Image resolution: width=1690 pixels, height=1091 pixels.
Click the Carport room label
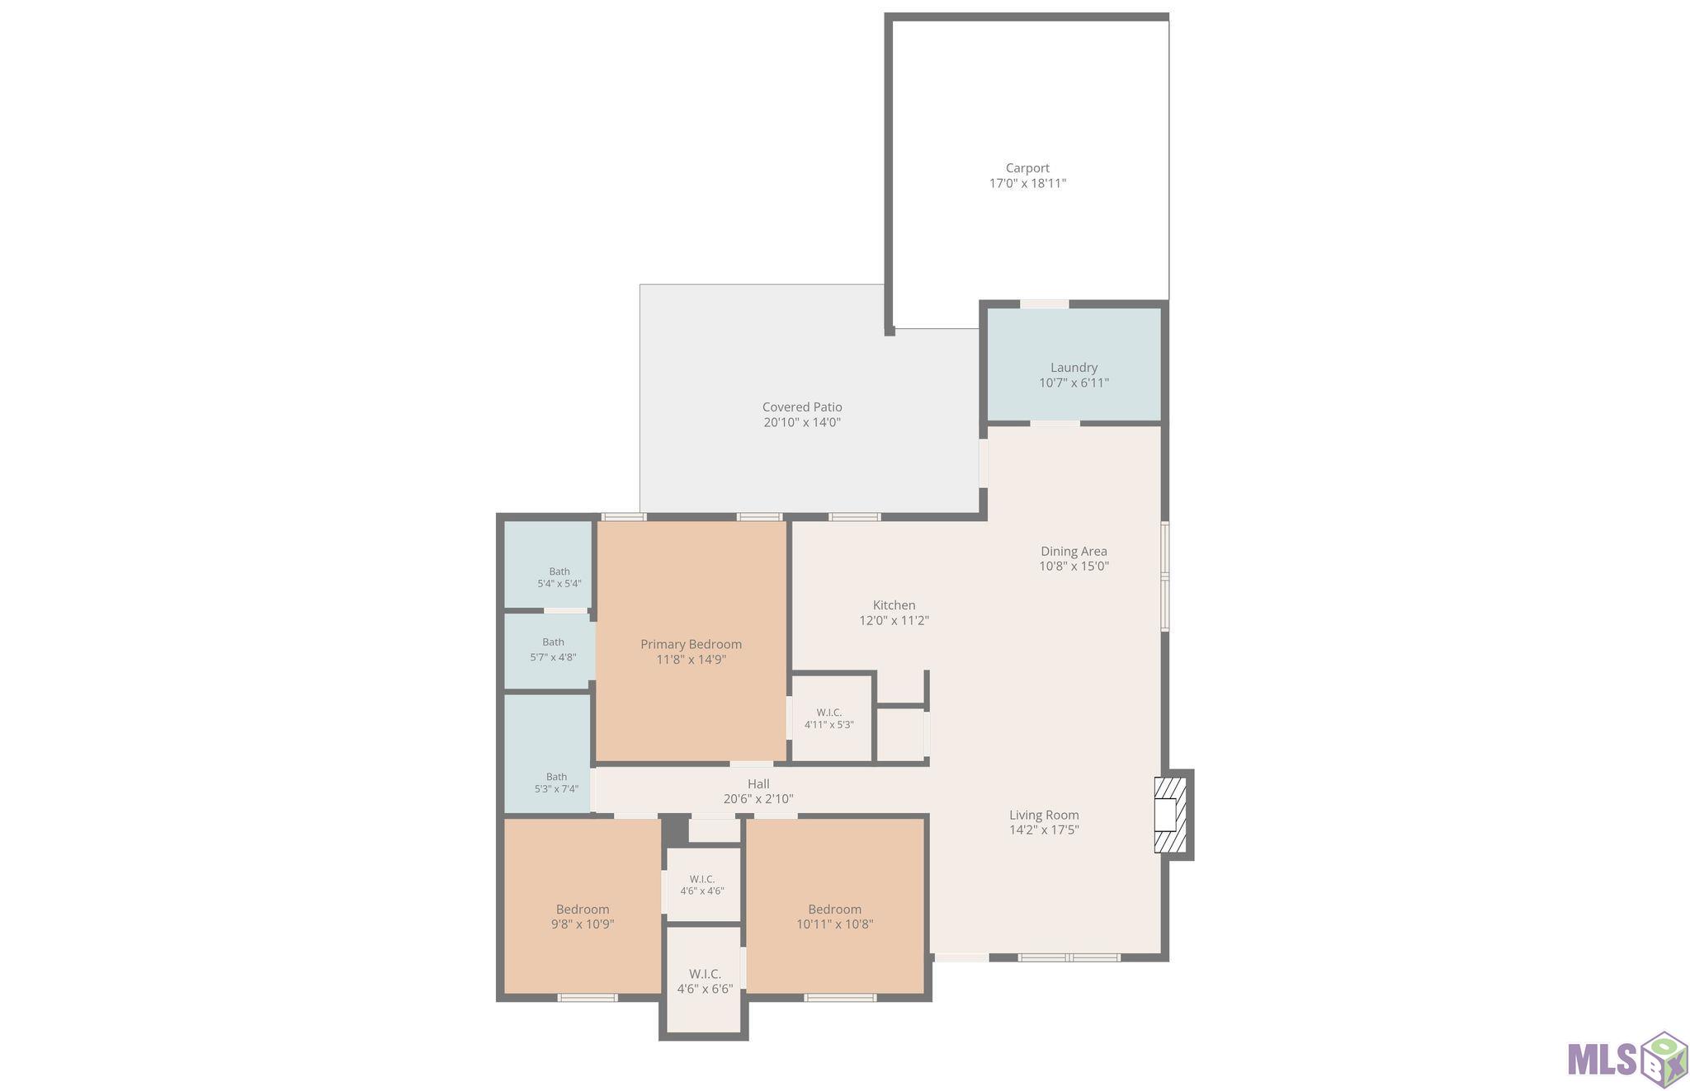pos(1027,168)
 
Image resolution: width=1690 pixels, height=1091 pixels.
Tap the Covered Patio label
pos(802,407)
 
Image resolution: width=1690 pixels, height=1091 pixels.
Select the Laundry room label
pos(1074,368)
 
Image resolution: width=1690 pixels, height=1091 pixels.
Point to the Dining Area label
pos(1074,551)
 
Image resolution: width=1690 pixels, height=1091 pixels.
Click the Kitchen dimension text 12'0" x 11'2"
pos(895,620)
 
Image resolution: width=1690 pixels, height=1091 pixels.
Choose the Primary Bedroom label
pos(692,644)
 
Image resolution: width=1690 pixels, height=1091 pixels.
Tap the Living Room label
pos(1044,815)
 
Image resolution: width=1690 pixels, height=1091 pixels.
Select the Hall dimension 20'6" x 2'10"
pos(758,798)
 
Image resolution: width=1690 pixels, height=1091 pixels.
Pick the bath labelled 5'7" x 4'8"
pos(553,650)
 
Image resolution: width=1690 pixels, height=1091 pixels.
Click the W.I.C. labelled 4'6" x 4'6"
pos(702,885)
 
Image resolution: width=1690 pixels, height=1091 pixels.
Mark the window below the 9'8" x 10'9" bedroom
pos(588,998)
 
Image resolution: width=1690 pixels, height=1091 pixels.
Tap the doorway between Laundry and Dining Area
pos(1055,424)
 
